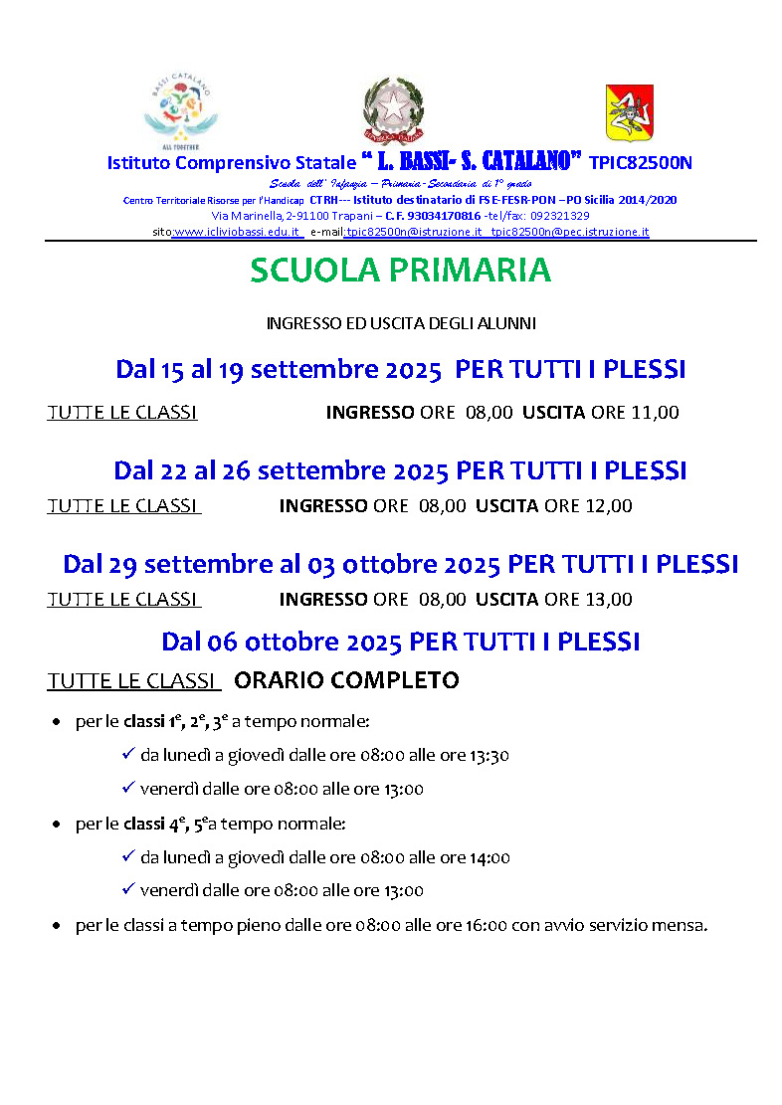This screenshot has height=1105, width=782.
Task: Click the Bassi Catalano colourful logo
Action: (x=181, y=108)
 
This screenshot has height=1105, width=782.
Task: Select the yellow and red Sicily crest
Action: (x=623, y=111)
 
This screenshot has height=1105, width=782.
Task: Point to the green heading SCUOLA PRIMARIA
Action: (x=400, y=270)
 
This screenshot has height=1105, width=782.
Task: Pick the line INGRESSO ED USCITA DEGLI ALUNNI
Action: (x=401, y=323)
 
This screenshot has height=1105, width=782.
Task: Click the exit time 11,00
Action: (x=655, y=412)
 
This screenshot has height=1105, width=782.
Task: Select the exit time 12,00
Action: (x=608, y=505)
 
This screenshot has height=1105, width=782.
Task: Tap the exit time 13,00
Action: (x=608, y=599)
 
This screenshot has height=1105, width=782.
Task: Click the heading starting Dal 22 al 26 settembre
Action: (x=400, y=469)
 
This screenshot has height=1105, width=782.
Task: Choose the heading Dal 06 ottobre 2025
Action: (x=400, y=641)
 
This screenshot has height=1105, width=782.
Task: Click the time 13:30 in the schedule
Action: (x=489, y=756)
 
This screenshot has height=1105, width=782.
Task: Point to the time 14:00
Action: (x=489, y=857)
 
